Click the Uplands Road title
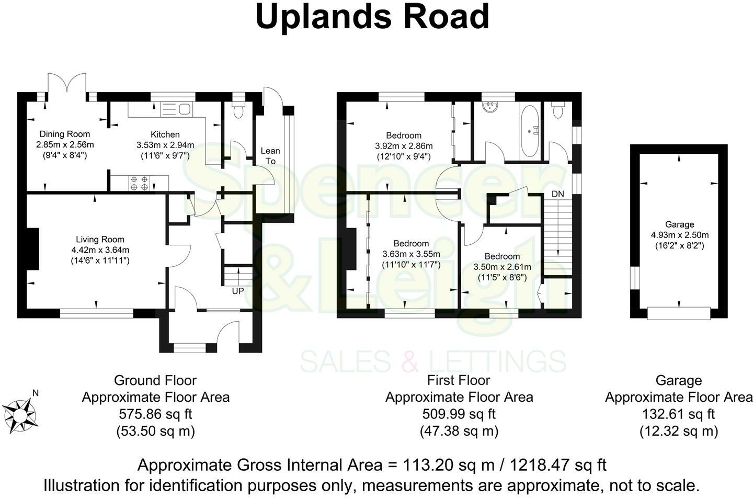[372, 17]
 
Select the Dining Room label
[65, 134]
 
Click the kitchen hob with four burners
[139, 183]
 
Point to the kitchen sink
[178, 109]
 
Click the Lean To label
[270, 156]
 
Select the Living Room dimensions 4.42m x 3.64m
[100, 250]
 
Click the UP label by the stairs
[238, 291]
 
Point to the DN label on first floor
[558, 194]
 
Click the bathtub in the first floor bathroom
[532, 131]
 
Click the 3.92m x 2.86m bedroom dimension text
[404, 146]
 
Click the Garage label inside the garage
[679, 224]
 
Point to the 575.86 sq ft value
[156, 414]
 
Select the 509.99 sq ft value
[459, 414]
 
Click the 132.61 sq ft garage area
[679, 414]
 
